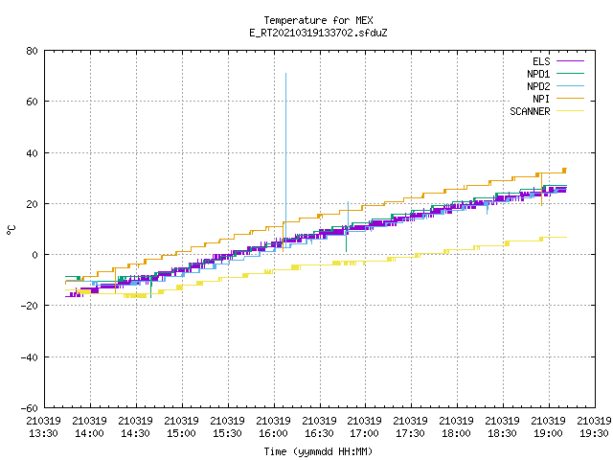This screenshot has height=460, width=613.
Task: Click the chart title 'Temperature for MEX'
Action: click(318, 20)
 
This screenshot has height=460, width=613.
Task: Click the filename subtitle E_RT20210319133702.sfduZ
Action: click(318, 33)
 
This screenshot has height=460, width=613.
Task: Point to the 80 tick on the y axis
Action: click(33, 51)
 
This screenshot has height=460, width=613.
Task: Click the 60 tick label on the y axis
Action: click(33, 102)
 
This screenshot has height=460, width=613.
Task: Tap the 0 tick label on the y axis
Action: click(35, 255)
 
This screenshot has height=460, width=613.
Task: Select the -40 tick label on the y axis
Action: click(30, 357)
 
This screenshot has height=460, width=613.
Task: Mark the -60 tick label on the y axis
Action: click(30, 408)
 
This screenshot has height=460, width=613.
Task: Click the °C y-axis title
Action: click(11, 230)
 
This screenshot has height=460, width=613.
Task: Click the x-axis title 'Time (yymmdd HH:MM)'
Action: click(318, 451)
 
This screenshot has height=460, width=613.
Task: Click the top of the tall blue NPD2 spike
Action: click(285, 73)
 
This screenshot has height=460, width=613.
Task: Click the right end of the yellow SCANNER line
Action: click(566, 237)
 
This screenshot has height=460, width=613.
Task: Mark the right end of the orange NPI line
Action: click(566, 169)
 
